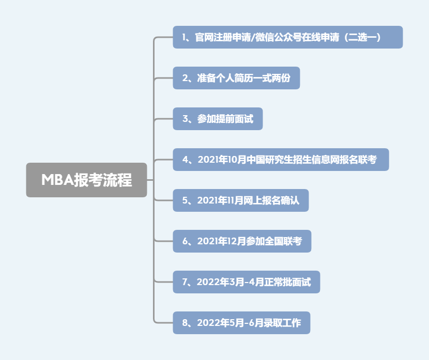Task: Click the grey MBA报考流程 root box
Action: tap(86, 180)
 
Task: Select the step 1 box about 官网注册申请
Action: tap(288, 37)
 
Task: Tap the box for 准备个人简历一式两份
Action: tap(236, 78)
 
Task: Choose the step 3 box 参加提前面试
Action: tap(218, 119)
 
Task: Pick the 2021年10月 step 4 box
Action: tap(281, 160)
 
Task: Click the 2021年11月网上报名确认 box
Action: tap(241, 200)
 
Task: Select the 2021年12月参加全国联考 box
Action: tap(242, 241)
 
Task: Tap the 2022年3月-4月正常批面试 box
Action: tap(247, 282)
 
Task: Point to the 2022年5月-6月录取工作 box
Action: tap(241, 323)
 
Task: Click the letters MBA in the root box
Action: tap(58, 180)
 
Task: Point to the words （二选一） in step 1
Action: tap(362, 37)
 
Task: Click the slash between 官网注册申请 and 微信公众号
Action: tap(253, 37)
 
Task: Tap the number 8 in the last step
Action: tap(185, 323)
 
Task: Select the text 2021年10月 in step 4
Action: tap(222, 160)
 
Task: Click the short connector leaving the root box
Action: tap(150, 180)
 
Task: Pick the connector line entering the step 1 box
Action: tap(163, 37)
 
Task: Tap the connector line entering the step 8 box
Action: tap(163, 323)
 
